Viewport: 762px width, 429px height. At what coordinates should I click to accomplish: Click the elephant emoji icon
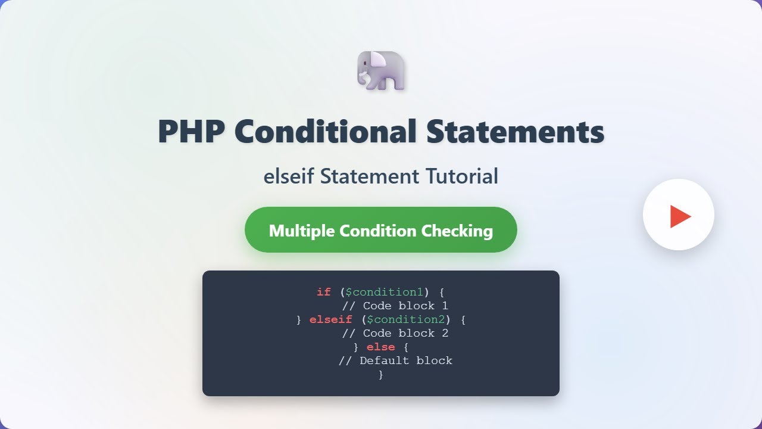coord(381,71)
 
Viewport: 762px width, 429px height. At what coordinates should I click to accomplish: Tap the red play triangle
coord(680,216)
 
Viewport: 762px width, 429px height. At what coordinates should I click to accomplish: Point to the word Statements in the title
coord(515,132)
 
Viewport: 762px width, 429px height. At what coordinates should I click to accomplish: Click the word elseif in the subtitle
coord(289,176)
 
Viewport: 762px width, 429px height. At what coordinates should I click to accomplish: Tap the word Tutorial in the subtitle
coord(462,176)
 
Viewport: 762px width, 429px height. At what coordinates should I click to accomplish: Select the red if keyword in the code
coord(323,292)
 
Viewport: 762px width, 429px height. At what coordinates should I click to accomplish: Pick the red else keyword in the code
coord(380,347)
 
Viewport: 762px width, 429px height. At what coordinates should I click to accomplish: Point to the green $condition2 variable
coord(405,319)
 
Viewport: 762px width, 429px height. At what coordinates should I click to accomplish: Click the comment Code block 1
coord(395,306)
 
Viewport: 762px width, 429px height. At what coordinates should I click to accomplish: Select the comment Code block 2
coord(395,333)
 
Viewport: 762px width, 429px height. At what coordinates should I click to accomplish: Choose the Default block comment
coord(395,360)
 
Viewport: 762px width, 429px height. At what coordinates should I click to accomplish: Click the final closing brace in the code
coord(381,374)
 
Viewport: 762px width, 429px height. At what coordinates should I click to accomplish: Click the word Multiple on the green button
coord(302,231)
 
